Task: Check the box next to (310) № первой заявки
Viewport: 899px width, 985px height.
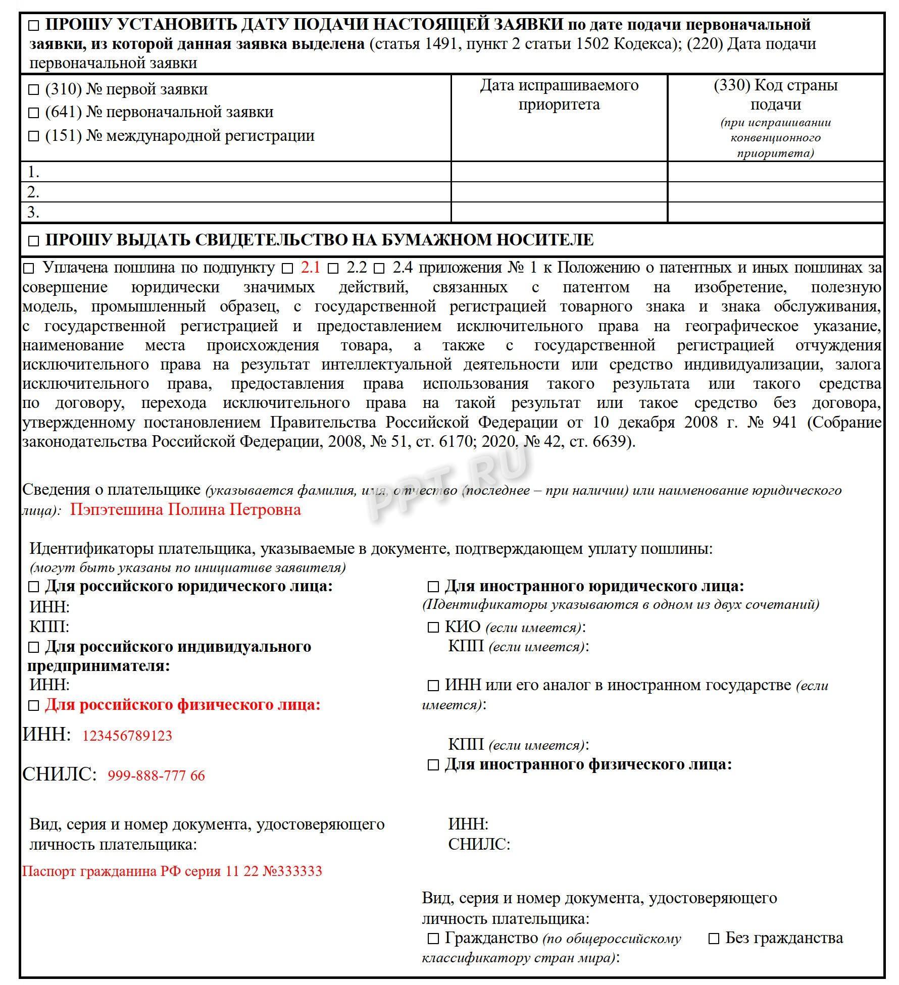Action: click(33, 90)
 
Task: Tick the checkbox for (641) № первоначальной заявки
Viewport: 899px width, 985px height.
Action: click(33, 113)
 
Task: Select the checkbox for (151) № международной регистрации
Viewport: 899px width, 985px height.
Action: click(33, 136)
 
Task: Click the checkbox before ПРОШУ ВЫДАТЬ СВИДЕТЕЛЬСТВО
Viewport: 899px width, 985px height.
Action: click(33, 240)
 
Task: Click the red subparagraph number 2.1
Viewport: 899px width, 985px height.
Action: click(310, 267)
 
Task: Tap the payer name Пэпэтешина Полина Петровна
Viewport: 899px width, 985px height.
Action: click(185, 509)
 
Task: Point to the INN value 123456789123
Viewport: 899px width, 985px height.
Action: click(127, 736)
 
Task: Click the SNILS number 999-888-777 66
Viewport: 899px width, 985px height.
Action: click(156, 775)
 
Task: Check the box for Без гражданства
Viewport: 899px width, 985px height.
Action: click(714, 939)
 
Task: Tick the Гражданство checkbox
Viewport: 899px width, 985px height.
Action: click(433, 939)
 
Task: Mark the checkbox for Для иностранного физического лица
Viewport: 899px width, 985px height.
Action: click(433, 765)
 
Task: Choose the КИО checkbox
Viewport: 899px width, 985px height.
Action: click(433, 628)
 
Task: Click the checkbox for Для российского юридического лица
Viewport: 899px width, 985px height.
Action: click(33, 587)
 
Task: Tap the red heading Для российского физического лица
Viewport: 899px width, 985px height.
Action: click(182, 704)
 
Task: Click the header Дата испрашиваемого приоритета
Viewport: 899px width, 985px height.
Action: click(559, 94)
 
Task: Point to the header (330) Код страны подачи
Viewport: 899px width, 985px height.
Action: click(775, 94)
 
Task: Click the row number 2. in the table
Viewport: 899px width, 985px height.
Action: click(33, 192)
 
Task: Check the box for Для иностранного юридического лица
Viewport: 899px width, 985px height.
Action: click(433, 587)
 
